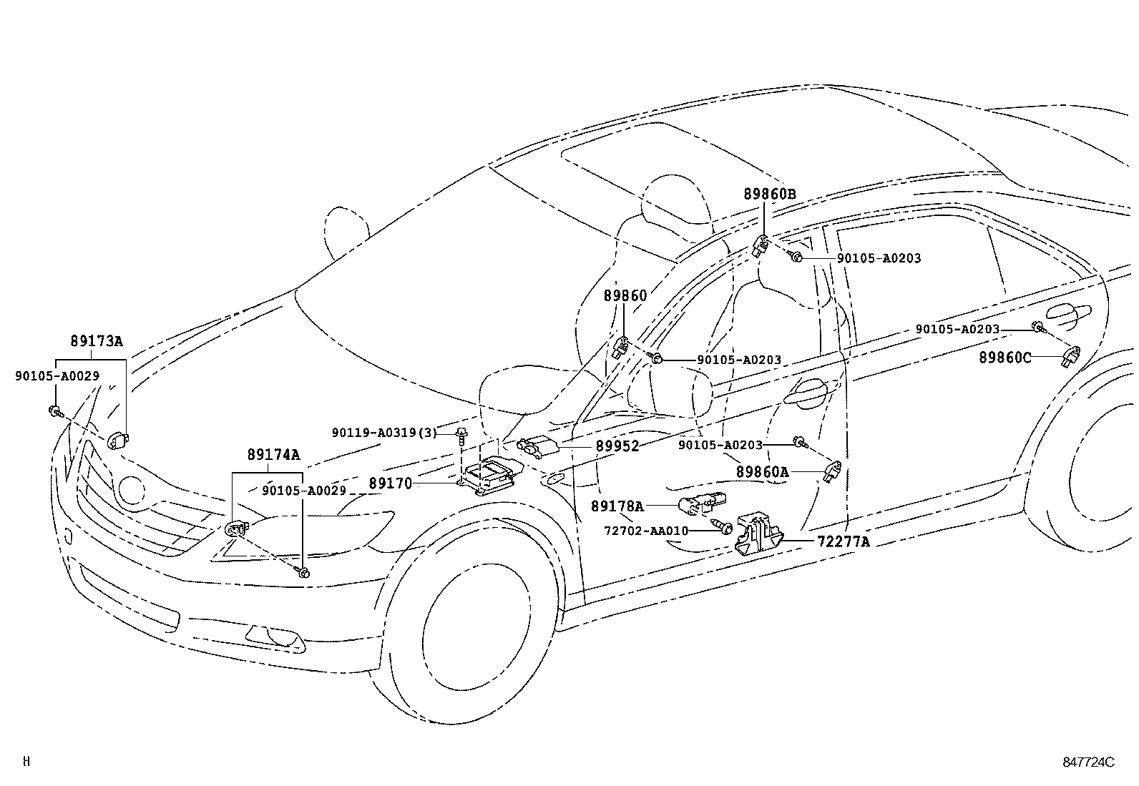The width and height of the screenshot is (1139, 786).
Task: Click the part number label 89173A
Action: pos(97,340)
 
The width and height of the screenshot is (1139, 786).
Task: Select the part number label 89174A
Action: pos(273,455)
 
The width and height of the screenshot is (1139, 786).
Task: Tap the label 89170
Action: pos(391,483)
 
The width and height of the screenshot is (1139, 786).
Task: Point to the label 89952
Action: pos(617,446)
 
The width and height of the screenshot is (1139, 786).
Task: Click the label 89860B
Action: pos(770,194)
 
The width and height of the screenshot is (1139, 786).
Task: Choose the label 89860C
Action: pos(1005,358)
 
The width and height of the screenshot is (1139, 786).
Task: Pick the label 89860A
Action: pos(763,472)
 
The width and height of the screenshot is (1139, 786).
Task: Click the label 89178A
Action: pos(617,506)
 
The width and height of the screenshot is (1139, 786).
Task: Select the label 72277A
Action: pos(844,542)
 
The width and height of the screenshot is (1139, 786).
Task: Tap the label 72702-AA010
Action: pos(646,531)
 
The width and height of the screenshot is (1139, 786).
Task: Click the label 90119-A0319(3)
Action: pos(384,433)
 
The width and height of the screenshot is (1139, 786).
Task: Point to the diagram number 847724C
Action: pos(1088,762)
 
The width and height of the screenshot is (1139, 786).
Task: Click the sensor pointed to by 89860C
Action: pos(1070,355)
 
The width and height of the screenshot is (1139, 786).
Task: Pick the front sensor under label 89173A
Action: pos(118,439)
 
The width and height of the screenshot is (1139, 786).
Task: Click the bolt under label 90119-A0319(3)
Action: pos(461,436)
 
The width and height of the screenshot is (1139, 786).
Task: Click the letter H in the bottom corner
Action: pos(26,761)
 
